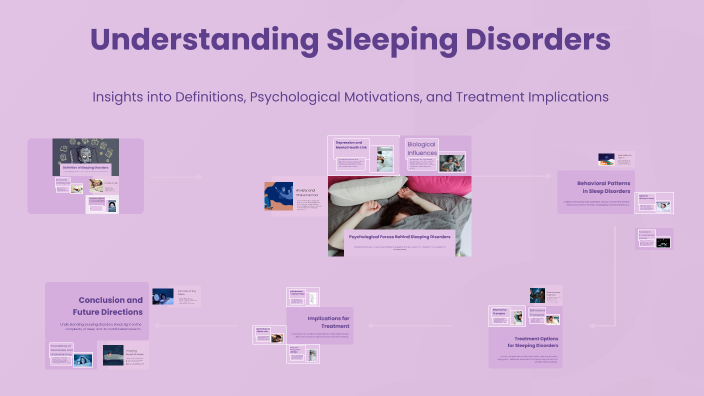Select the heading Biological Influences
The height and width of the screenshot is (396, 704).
pyautogui.click(x=422, y=149)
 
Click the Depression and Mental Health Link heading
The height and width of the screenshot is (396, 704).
pyautogui.click(x=352, y=147)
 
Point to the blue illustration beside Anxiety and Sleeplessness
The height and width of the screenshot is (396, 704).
pyautogui.click(x=279, y=196)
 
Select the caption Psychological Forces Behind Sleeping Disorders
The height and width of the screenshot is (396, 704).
pyautogui.click(x=399, y=236)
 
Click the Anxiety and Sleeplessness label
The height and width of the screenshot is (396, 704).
pyautogui.click(x=306, y=192)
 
